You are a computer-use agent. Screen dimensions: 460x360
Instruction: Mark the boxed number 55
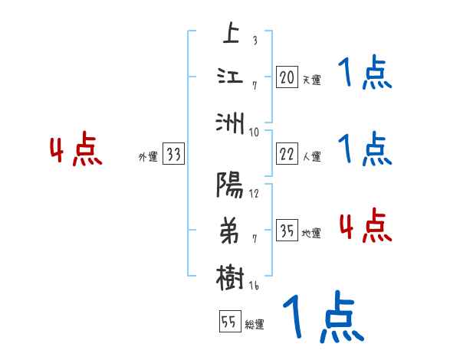(x=228, y=322)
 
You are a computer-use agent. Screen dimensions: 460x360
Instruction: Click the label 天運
(x=311, y=80)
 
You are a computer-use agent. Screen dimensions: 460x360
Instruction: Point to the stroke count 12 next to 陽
(x=254, y=192)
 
